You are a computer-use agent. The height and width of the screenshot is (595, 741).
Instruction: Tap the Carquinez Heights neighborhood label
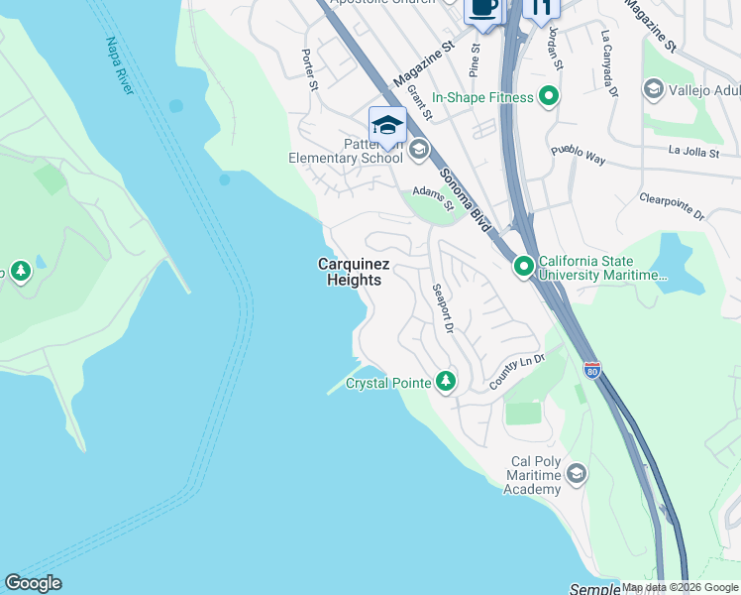354,272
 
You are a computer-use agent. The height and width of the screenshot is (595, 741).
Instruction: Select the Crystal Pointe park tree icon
446,382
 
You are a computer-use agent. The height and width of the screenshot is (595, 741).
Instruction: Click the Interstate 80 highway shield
591,371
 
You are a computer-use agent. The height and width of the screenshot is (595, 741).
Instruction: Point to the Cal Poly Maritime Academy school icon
577,475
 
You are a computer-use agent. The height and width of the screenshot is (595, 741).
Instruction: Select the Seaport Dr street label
442,308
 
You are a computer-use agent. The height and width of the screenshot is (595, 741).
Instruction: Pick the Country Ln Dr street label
517,371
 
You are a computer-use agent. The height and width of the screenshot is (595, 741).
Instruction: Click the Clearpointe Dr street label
672,206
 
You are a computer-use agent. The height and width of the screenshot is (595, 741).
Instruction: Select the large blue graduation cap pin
387,126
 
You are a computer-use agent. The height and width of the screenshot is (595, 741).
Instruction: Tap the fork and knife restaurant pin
540,7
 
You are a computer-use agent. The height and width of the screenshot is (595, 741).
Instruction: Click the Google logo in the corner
33,583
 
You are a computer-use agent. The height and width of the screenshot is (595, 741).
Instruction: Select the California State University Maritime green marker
522,267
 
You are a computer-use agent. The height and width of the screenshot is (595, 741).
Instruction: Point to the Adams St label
433,197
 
